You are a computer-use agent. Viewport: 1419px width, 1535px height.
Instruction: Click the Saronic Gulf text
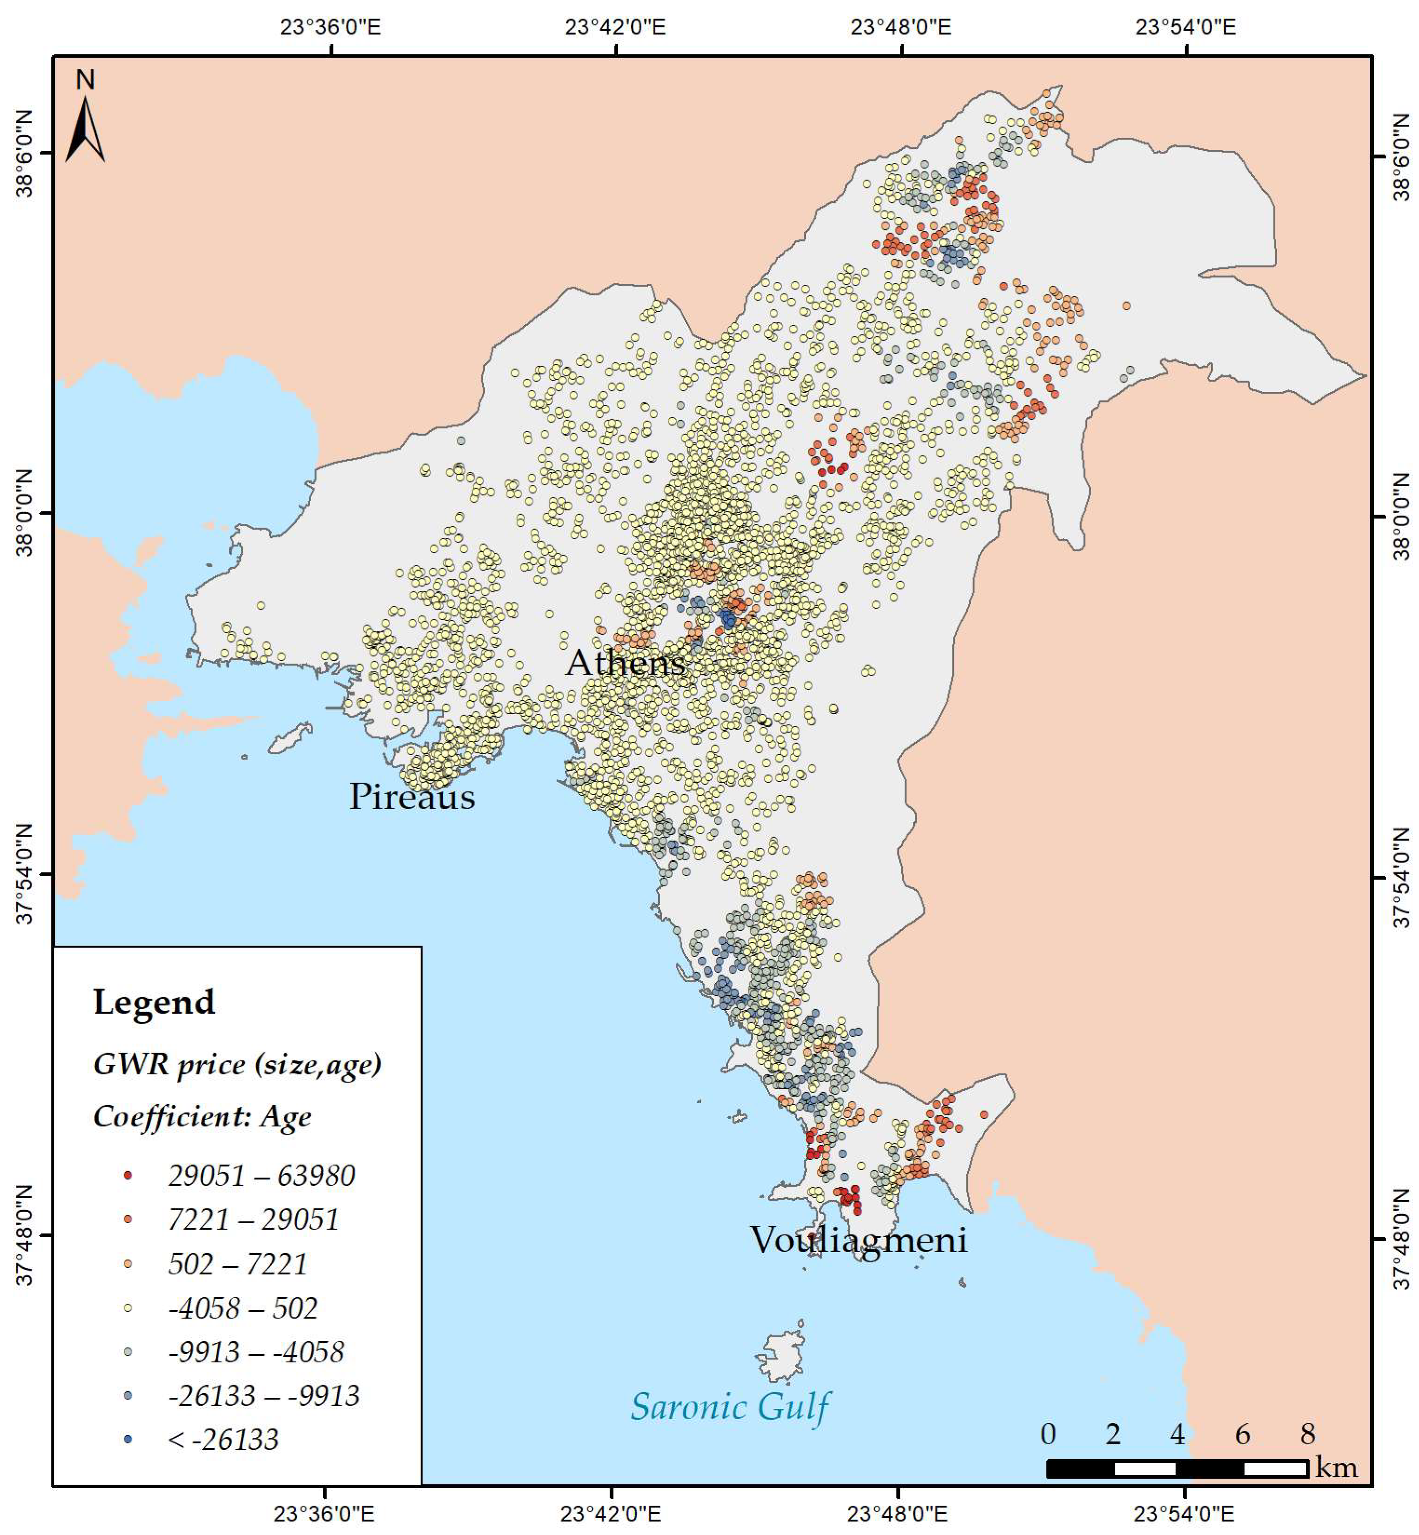[729, 1407]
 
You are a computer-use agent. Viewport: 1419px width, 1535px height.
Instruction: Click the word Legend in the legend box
[153, 1002]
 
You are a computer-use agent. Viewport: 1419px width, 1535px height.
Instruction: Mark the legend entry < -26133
[223, 1439]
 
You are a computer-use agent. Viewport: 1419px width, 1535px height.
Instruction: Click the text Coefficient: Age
[202, 1116]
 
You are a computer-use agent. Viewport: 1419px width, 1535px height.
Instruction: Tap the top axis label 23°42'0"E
[615, 27]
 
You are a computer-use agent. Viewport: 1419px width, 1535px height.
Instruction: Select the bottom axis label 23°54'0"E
[1184, 1514]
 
